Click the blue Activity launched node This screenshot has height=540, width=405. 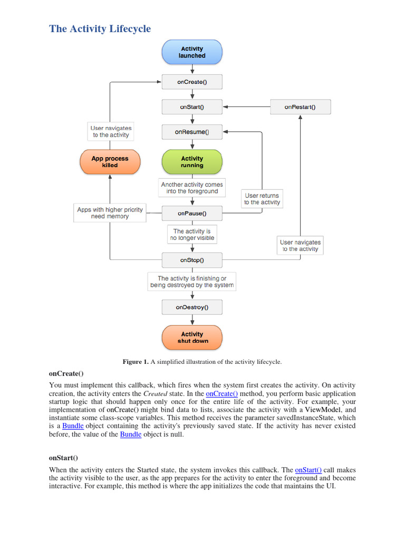tap(192, 52)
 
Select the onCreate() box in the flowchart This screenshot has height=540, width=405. tap(192, 82)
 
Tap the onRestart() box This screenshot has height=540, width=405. tap(300, 107)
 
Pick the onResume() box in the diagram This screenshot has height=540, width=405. tap(192, 132)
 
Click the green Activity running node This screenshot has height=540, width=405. tap(192, 162)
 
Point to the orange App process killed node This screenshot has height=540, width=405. tap(110, 162)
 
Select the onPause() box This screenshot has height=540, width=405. tap(192, 214)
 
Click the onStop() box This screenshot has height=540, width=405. tap(192, 260)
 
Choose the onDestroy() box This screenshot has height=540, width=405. tap(192, 307)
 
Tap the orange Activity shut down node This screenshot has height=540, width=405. tap(192, 337)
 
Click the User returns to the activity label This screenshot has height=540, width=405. tap(262, 199)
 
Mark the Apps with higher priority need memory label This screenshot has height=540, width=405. tap(110, 213)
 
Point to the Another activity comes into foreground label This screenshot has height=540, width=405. tap(192, 188)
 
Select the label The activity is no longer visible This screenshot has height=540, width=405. tap(192, 235)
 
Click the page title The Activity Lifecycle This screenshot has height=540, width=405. tap(100, 28)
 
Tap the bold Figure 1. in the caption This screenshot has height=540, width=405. tap(136, 362)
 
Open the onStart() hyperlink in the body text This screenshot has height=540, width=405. tap(308, 470)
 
